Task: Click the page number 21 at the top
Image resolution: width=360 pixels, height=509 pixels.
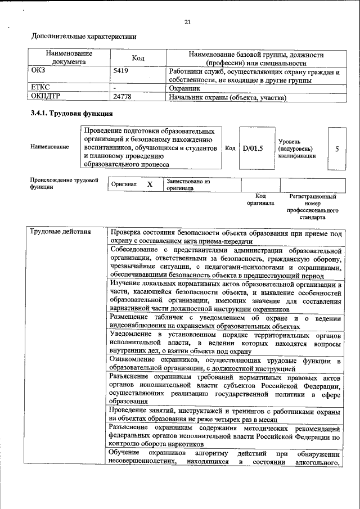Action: [188, 22]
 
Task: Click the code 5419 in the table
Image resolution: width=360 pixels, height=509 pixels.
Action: [121, 72]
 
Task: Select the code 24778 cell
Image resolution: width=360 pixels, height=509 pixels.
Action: [122, 97]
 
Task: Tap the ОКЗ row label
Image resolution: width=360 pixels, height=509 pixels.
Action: [40, 72]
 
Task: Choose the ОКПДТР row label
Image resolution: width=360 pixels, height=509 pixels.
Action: [48, 97]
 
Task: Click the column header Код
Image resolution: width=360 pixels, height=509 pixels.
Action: [138, 58]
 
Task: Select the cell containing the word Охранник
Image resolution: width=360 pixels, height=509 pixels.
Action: [186, 88]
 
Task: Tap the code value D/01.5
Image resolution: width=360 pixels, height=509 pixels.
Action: [253, 148]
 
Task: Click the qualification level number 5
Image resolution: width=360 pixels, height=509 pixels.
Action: [336, 149]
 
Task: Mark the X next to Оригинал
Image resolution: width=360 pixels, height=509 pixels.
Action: [150, 184]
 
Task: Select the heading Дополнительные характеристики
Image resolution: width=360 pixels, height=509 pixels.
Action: [84, 37]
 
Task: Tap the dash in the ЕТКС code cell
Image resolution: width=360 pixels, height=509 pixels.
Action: [115, 88]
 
